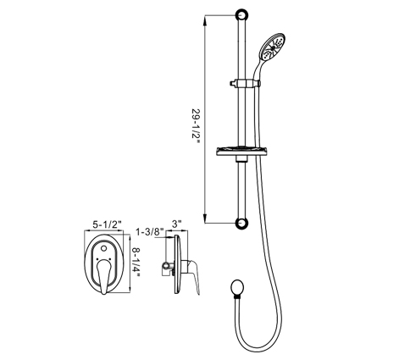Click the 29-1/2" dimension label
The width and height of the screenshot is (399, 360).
click(x=196, y=125)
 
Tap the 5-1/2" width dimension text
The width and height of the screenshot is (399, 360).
click(x=108, y=224)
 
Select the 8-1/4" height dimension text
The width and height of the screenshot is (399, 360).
click(x=136, y=263)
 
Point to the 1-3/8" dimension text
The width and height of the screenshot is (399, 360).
click(x=150, y=232)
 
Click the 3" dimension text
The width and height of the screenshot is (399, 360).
click(x=176, y=224)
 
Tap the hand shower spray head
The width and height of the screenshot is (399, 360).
click(x=273, y=47)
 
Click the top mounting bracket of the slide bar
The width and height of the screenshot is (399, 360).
click(x=242, y=15)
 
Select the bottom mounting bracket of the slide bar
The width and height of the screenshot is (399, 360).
click(x=242, y=223)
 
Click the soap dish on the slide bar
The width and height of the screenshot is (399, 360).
click(x=241, y=152)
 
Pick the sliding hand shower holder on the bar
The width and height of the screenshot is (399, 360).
click(x=245, y=83)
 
